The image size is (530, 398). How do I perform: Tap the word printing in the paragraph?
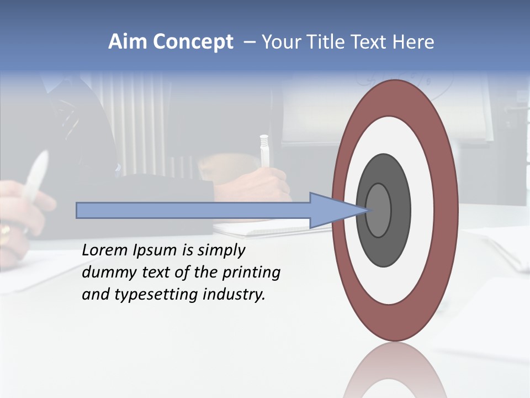(x=251, y=273)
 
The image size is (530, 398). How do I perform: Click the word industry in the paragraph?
(x=234, y=295)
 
